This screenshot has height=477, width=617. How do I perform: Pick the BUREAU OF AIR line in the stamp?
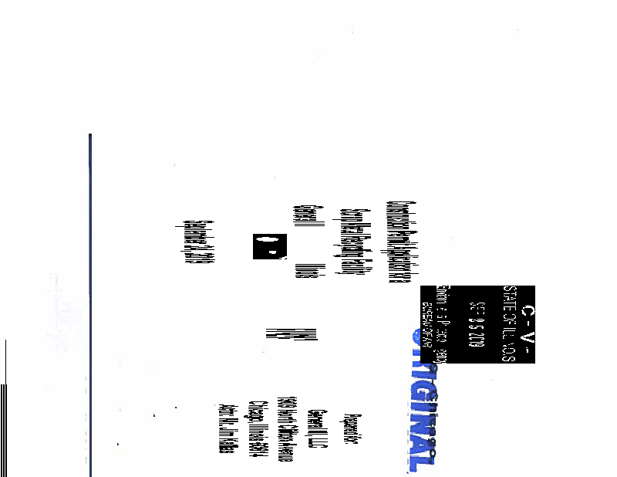(x=427, y=324)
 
